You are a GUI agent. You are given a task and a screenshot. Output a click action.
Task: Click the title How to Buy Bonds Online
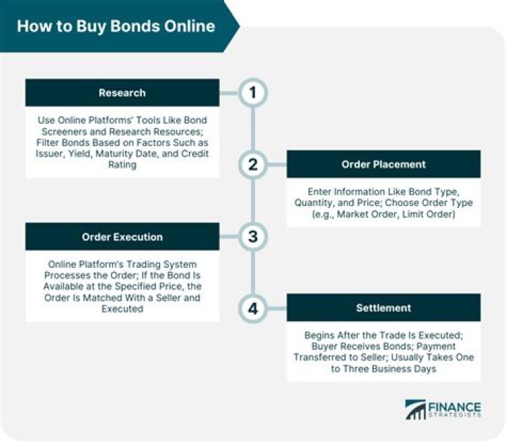coord(116,27)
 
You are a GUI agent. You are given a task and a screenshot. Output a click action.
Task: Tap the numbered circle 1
coord(253,93)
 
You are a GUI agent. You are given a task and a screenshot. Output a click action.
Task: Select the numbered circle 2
coord(253,164)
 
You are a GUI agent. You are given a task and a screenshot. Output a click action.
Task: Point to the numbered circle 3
coord(253,237)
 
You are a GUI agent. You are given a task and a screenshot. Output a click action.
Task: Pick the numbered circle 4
coord(253,308)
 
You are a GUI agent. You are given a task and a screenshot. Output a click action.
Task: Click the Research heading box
coord(122,93)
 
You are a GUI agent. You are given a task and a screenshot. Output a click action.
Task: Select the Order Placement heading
coord(383,164)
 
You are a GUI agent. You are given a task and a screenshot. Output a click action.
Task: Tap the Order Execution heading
coord(122,237)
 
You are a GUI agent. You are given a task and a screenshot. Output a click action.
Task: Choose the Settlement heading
coord(383,308)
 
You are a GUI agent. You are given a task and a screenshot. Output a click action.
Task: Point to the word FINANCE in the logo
coord(455,407)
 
